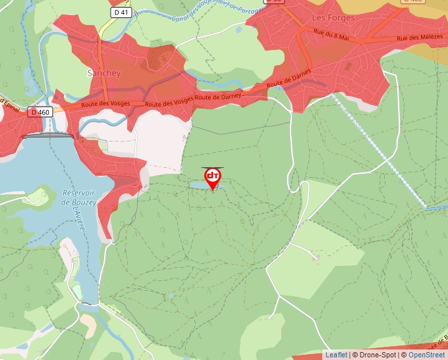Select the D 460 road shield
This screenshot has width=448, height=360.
(40, 113)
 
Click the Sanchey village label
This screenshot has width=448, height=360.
(104, 73)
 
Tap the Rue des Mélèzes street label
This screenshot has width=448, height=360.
(420, 39)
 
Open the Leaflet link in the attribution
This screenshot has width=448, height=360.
(336, 355)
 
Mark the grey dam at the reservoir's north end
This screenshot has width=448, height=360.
(47, 136)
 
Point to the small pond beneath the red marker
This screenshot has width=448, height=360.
(203, 187)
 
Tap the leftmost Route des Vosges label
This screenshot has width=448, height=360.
(107, 104)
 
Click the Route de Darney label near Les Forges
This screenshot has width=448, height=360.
(288, 84)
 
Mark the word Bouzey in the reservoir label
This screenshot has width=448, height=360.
(84, 203)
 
